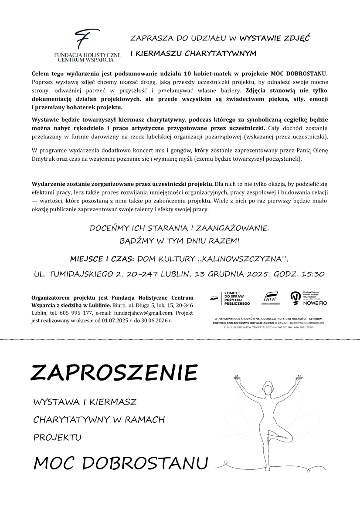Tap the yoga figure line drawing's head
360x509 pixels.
(x=266, y=386)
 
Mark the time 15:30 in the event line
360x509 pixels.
(x=312, y=274)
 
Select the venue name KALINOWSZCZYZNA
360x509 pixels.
(x=243, y=259)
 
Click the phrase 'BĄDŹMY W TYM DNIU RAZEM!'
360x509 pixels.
(x=179, y=240)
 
